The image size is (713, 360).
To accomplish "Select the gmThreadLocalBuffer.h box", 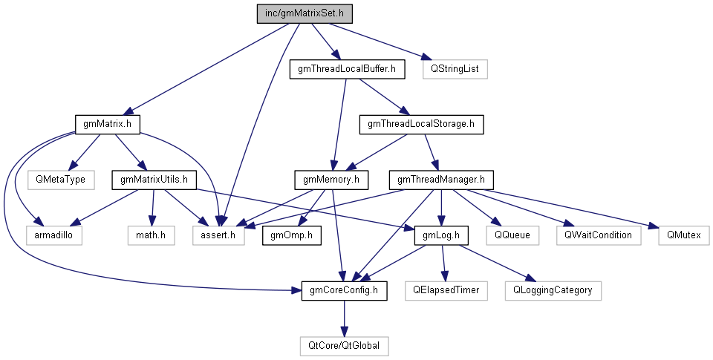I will (x=346, y=70).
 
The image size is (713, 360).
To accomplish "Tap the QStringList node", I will (x=454, y=70).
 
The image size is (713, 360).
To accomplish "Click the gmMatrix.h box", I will (x=108, y=124).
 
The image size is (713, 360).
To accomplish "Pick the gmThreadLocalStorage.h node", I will (x=421, y=124).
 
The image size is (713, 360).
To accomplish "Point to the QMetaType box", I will (x=56, y=179).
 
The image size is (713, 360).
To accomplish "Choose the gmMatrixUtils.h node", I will (x=154, y=179).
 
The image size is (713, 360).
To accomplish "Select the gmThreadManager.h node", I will (x=441, y=179).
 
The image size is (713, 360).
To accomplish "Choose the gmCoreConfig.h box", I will (x=345, y=289).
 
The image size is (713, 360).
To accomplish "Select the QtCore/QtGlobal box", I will (x=345, y=345).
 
